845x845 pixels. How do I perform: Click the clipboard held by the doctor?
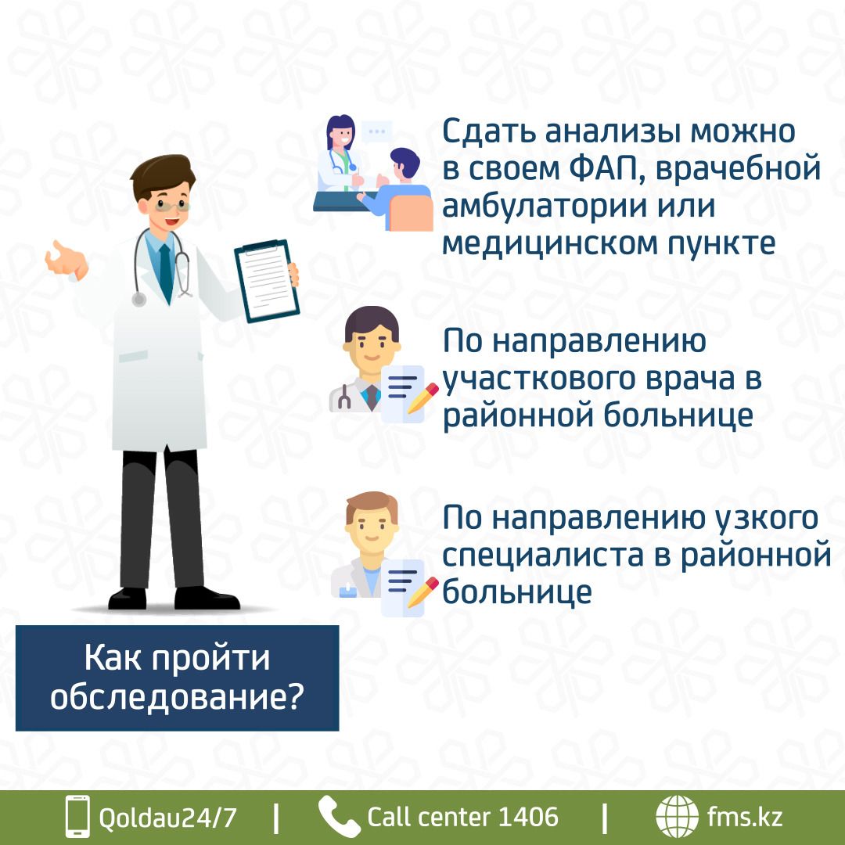click(x=267, y=280)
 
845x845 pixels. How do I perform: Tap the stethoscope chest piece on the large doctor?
click(x=139, y=299)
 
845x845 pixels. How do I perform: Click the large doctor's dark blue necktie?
click(x=166, y=273)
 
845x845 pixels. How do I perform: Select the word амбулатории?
click(x=544, y=207)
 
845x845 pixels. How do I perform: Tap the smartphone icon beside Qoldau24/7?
click(x=77, y=816)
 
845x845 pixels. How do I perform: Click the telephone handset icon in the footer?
click(x=339, y=816)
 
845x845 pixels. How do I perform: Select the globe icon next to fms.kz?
click(x=677, y=816)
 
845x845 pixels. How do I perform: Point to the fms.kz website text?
click(x=745, y=816)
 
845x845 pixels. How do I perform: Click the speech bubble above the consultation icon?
click(x=376, y=132)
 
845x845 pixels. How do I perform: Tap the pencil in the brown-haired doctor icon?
click(x=422, y=592)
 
